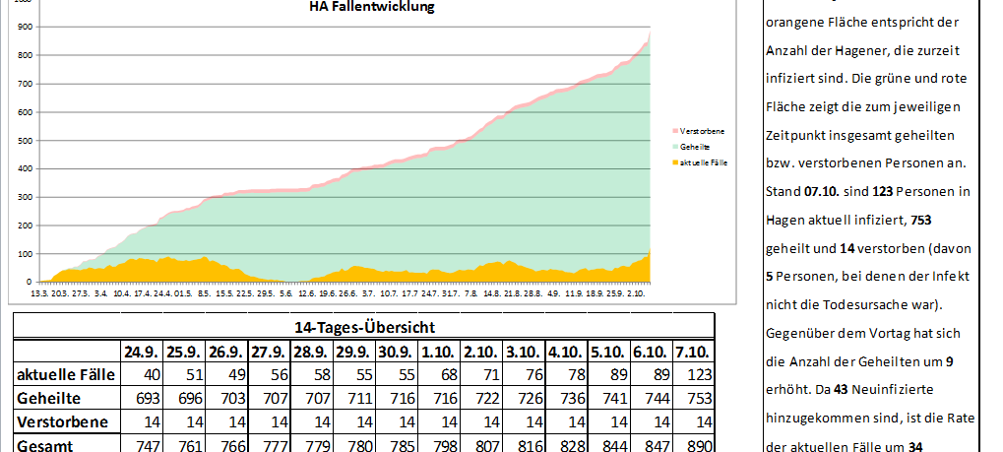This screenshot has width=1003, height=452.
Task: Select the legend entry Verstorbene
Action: [x=701, y=130]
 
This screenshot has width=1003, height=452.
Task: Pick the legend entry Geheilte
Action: [x=696, y=145]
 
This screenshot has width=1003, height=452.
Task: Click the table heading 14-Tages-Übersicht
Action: [x=363, y=327]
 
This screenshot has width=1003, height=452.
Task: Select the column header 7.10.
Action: [x=690, y=351]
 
